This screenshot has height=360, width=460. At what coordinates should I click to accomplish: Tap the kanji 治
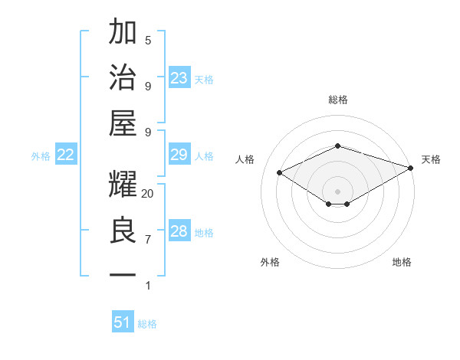point(123,77)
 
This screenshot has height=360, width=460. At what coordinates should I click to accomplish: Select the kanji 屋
point(123,123)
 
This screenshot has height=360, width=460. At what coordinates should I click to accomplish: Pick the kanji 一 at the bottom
point(123,275)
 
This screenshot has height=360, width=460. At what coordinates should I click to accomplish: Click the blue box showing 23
point(179,78)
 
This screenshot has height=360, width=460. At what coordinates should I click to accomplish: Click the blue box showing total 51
point(123,322)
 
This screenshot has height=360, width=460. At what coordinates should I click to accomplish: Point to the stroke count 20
point(148,194)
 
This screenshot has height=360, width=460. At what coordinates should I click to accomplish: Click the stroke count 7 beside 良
point(148,240)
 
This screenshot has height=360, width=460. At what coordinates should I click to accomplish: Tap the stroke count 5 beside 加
point(148,40)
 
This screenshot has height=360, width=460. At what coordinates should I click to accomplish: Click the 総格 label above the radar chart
point(337,100)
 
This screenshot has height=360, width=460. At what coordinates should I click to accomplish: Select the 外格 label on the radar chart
point(270,262)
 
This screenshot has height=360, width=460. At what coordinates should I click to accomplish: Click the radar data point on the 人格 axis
point(280,173)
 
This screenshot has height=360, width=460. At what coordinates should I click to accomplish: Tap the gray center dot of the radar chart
point(337,191)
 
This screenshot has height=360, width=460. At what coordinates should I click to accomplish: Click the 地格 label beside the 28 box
point(204,233)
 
